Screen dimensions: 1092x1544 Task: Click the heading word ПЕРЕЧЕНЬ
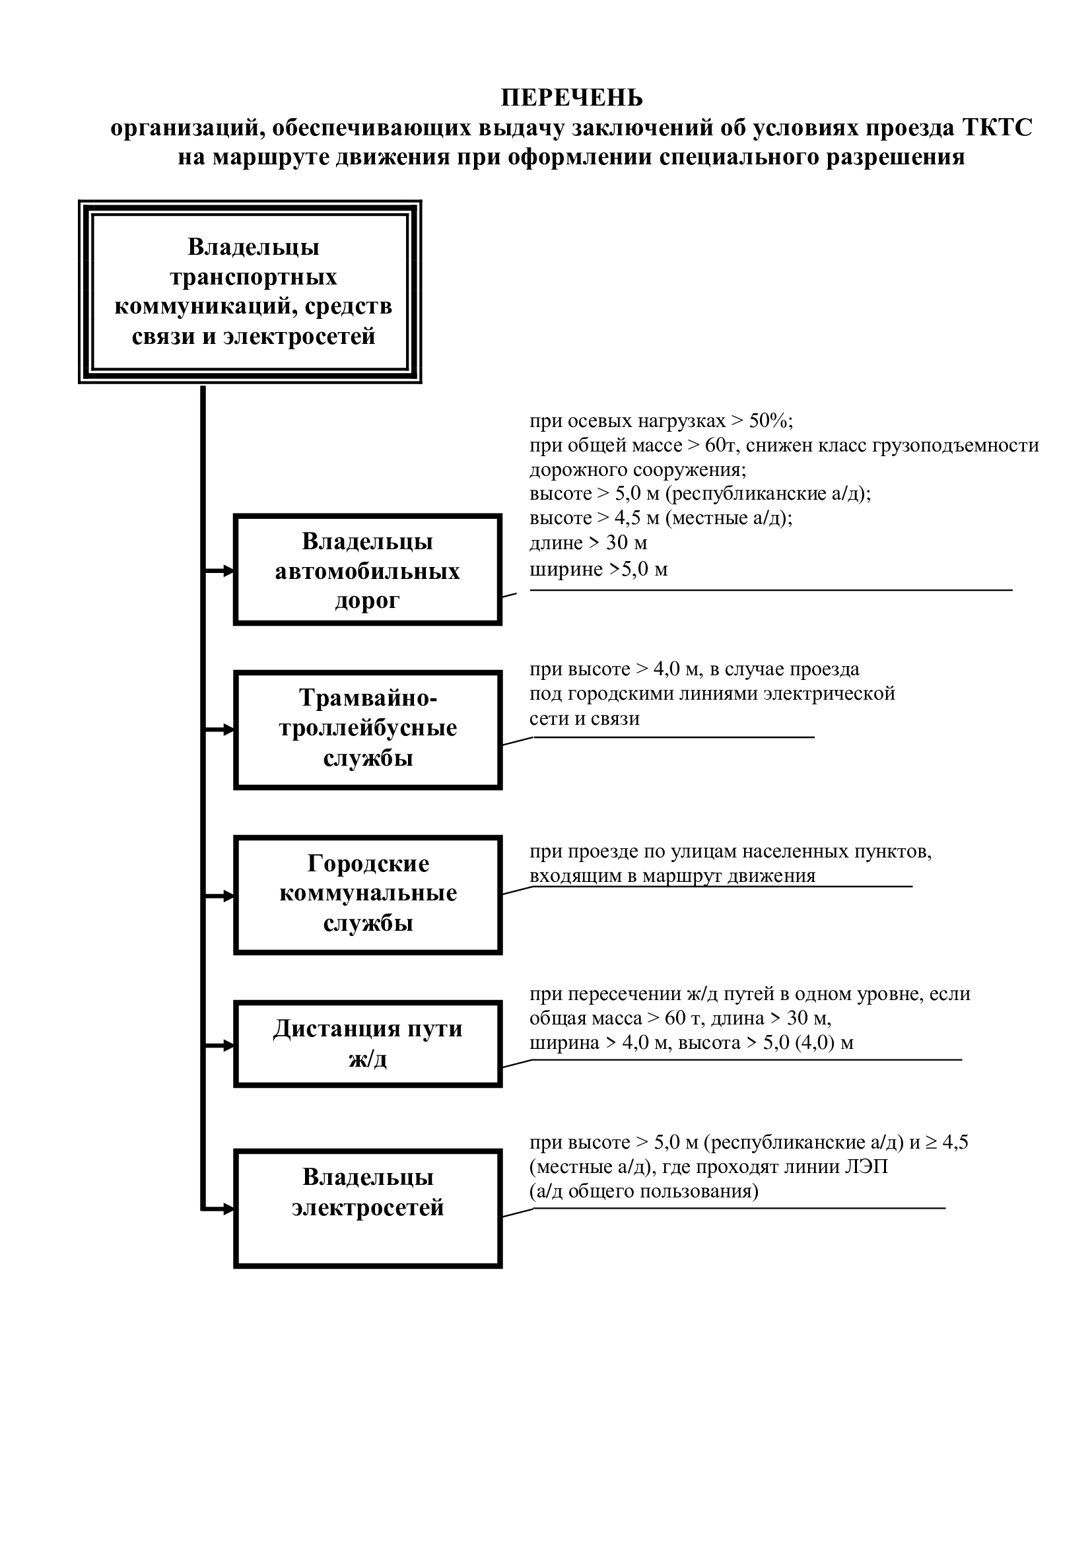click(x=572, y=98)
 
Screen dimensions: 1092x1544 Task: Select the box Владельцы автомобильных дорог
click(x=368, y=570)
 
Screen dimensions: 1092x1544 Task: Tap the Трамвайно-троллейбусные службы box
click(x=368, y=729)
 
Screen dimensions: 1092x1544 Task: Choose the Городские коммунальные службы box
click(x=368, y=894)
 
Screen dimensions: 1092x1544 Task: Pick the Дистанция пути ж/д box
click(x=368, y=1044)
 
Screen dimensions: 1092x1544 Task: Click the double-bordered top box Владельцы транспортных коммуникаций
click(x=250, y=292)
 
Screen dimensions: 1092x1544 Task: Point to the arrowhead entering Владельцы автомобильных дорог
click(x=228, y=571)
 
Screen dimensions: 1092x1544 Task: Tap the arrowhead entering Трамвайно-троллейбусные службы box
click(x=228, y=729)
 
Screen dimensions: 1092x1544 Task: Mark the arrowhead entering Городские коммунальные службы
click(x=228, y=896)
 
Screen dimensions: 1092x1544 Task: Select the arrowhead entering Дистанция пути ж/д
click(x=228, y=1046)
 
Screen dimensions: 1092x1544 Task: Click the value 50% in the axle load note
click(x=769, y=421)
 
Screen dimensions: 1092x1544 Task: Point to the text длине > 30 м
click(x=588, y=543)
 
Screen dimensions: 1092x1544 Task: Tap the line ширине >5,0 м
click(x=598, y=570)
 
